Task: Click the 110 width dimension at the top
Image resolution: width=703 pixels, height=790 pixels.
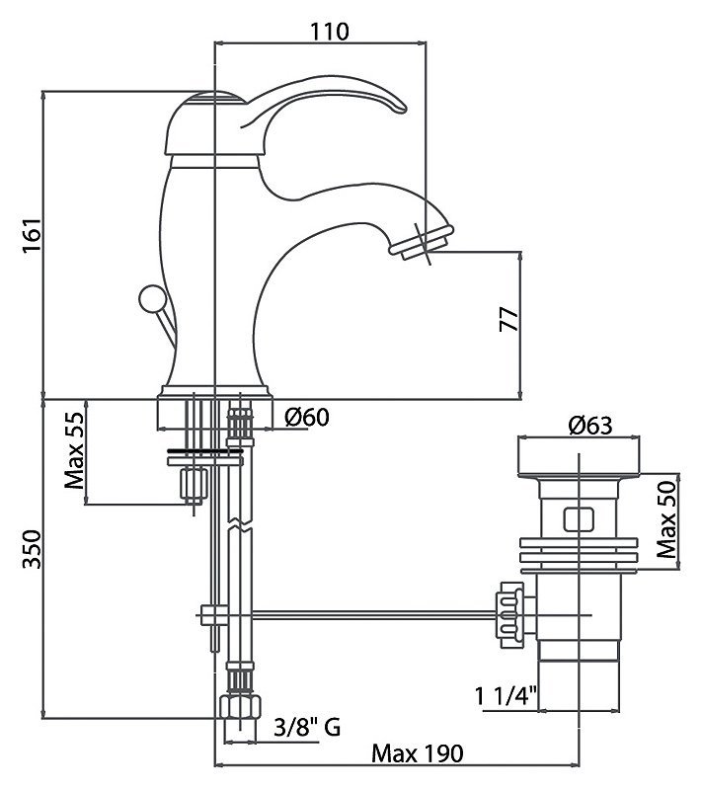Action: tap(330, 32)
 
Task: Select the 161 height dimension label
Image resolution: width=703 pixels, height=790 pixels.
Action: tap(32, 236)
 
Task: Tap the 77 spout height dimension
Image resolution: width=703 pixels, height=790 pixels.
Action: tap(508, 318)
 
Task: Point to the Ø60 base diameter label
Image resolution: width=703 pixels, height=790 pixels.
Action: tap(307, 417)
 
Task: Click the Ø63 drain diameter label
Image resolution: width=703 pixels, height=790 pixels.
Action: tap(590, 426)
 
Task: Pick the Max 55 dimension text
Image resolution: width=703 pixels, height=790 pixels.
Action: tap(74, 450)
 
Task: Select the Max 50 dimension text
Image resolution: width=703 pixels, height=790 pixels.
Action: tap(667, 519)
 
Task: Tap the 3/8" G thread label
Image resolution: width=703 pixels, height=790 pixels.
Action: tap(307, 727)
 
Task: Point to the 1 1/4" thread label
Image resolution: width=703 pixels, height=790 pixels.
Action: tap(507, 697)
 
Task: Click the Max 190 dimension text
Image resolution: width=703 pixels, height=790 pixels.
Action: tap(417, 753)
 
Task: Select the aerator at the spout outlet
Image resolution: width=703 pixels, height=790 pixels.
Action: tap(422, 242)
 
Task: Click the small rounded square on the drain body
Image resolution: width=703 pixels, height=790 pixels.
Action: tap(579, 519)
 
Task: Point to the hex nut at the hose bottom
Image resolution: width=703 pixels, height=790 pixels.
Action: tap(241, 707)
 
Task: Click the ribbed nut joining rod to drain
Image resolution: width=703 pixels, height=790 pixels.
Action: tap(510, 614)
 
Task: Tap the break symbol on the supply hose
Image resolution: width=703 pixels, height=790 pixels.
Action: tap(240, 525)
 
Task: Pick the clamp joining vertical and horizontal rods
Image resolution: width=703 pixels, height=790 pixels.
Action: tap(214, 614)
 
